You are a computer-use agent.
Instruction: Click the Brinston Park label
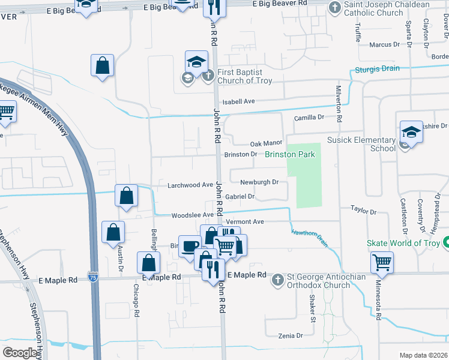pyautogui.click(x=290, y=154)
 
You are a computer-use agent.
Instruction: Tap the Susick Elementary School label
pyautogui.click(x=361, y=144)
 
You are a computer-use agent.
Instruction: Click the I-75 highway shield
pyautogui.click(x=92, y=277)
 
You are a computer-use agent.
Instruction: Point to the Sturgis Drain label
pyautogui.click(x=377, y=68)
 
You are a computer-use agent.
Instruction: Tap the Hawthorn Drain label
pyautogui.click(x=310, y=238)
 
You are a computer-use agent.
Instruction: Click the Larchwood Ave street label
pyautogui.click(x=190, y=185)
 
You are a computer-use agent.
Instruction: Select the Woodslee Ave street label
pyautogui.click(x=193, y=214)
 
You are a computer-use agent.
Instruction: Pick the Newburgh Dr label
pyautogui.click(x=259, y=182)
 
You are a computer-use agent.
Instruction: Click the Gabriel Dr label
pyautogui.click(x=241, y=196)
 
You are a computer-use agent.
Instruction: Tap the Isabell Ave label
pyautogui.click(x=238, y=101)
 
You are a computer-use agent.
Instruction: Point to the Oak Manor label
pyautogui.click(x=266, y=143)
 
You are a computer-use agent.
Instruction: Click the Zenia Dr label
pyautogui.click(x=291, y=335)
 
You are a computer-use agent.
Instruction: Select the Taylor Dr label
pyautogui.click(x=363, y=212)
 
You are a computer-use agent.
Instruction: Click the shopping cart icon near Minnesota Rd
pyautogui.click(x=381, y=262)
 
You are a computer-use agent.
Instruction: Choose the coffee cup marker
pyautogui.click(x=190, y=246)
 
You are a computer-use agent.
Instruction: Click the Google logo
pyautogui.click(x=20, y=352)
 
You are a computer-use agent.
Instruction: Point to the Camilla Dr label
pyautogui.click(x=309, y=118)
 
